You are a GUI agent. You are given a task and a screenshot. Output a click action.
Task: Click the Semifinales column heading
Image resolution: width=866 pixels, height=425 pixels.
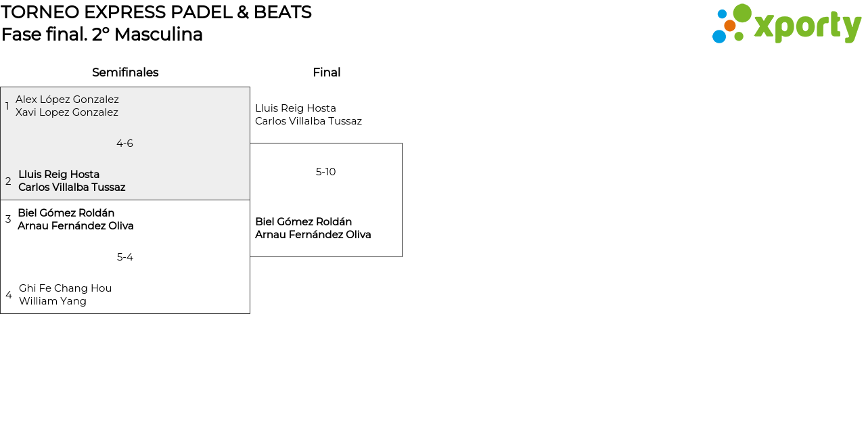pyautogui.click(x=125, y=72)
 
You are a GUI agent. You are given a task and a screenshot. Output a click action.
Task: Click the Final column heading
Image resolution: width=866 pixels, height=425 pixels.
pyautogui.click(x=327, y=72)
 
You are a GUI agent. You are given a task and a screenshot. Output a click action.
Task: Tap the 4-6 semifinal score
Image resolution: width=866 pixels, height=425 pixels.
pyautogui.click(x=124, y=143)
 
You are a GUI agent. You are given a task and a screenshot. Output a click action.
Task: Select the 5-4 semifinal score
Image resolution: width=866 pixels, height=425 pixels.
pyautogui.click(x=125, y=257)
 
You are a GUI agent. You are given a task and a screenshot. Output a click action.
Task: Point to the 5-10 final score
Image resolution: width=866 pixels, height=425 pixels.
pyautogui.click(x=325, y=172)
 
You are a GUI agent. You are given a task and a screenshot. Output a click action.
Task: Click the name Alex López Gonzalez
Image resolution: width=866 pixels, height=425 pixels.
pyautogui.click(x=67, y=99)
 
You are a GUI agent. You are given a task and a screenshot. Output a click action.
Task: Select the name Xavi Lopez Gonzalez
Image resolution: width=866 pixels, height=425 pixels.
pyautogui.click(x=67, y=112)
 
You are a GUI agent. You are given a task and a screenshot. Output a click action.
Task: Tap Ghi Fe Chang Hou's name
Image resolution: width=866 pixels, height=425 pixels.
pyautogui.click(x=66, y=288)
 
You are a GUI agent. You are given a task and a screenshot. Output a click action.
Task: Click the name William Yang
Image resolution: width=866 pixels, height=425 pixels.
pyautogui.click(x=53, y=301)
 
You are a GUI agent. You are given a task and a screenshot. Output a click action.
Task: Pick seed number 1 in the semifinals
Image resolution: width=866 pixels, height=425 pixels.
pyautogui.click(x=7, y=106)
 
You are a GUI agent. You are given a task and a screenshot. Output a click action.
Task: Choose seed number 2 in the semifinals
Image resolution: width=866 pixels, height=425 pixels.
pyautogui.click(x=8, y=181)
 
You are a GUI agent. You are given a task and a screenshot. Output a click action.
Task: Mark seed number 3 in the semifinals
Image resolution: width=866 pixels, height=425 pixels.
pyautogui.click(x=8, y=219)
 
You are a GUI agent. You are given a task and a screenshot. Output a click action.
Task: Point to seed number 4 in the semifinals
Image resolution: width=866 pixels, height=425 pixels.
pyautogui.click(x=9, y=294)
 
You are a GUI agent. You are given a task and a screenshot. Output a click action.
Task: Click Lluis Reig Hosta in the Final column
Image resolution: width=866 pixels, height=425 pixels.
pyautogui.click(x=296, y=108)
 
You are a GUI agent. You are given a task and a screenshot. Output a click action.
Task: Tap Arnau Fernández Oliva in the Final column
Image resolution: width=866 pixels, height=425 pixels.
pyautogui.click(x=313, y=235)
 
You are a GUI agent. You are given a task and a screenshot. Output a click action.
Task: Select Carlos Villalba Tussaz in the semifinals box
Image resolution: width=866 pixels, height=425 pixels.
pyautogui.click(x=72, y=187)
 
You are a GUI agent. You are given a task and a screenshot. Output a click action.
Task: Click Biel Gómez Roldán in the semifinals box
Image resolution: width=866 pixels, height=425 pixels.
pyautogui.click(x=66, y=213)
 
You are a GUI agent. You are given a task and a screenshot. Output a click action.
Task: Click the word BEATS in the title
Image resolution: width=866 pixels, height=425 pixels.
pyautogui.click(x=282, y=12)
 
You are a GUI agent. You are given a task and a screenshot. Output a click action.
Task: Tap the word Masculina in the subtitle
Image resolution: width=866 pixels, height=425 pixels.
pyautogui.click(x=158, y=35)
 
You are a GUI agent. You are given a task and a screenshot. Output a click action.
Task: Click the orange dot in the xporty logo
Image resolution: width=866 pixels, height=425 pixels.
pyautogui.click(x=729, y=26)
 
